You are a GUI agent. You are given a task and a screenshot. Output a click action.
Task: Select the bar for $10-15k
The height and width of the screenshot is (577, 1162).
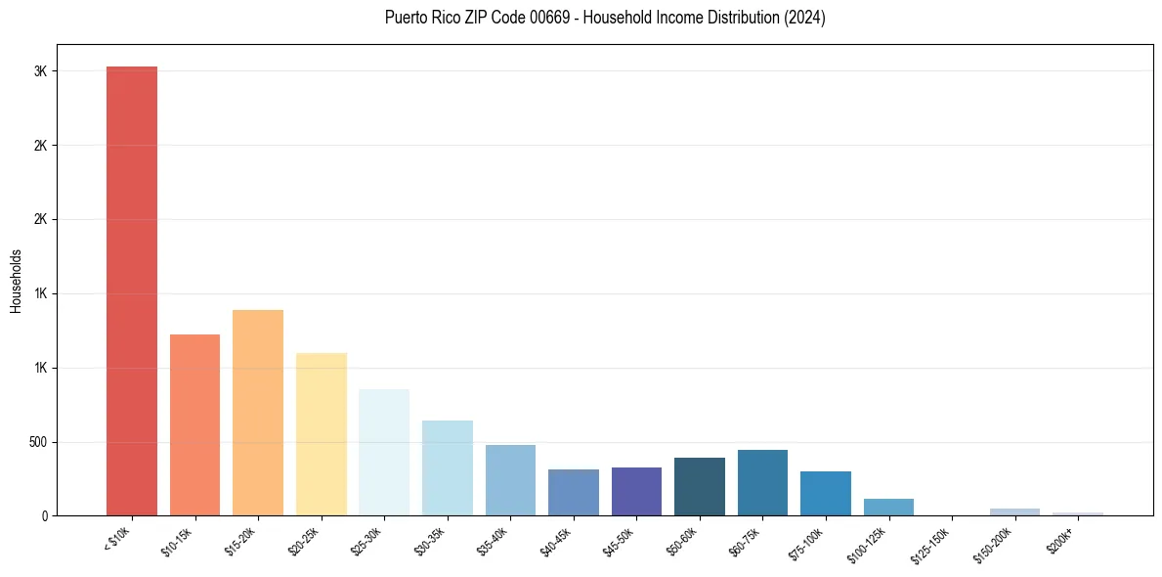pos(194,424)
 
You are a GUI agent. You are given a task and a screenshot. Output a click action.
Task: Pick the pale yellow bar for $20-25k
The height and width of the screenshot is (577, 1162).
pos(321,434)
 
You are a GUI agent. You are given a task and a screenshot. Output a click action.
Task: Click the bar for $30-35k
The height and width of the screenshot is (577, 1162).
pos(447,467)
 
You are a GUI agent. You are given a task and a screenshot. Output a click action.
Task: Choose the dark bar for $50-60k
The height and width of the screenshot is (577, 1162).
pos(699,486)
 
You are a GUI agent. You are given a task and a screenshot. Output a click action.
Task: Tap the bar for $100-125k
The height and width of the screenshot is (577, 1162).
pos(888,507)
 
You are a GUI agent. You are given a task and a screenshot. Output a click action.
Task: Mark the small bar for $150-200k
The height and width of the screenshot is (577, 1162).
pos(1014,511)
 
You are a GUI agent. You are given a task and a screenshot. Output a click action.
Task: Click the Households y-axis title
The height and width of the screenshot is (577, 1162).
pos(16,281)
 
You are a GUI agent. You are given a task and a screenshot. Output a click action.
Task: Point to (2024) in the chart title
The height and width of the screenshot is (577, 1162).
pos(803,18)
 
